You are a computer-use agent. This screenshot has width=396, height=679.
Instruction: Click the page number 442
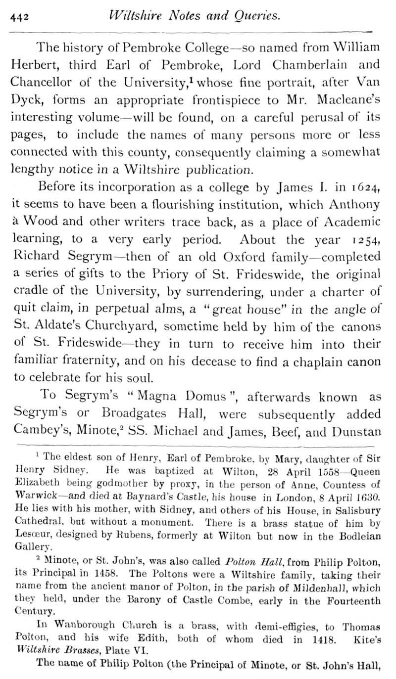20,17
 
